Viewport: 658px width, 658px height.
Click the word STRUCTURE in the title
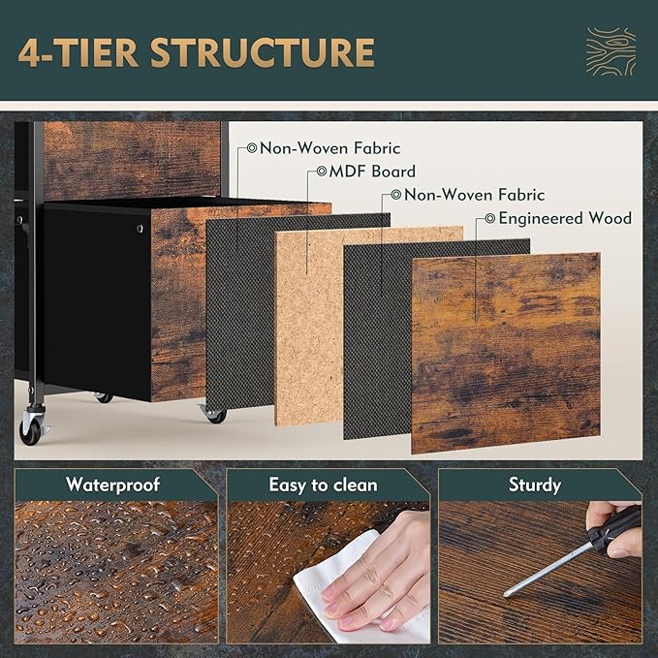[x=263, y=53]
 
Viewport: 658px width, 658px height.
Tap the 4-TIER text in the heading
[x=78, y=53]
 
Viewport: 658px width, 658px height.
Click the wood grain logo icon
[x=611, y=51]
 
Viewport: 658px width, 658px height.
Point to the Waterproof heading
[x=112, y=485]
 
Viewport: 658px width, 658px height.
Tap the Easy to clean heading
[x=323, y=485]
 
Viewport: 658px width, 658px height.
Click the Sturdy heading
[x=535, y=485]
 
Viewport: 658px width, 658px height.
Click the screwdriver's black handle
[x=615, y=530]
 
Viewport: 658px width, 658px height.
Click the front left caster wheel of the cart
[x=31, y=429]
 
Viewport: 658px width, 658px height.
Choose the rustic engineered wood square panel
[x=506, y=353]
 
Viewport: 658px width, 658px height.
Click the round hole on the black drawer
[x=140, y=229]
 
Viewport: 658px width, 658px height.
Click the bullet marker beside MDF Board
[x=322, y=172]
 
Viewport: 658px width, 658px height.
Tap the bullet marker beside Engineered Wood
[x=489, y=218]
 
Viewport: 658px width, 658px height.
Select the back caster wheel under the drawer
[x=103, y=397]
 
